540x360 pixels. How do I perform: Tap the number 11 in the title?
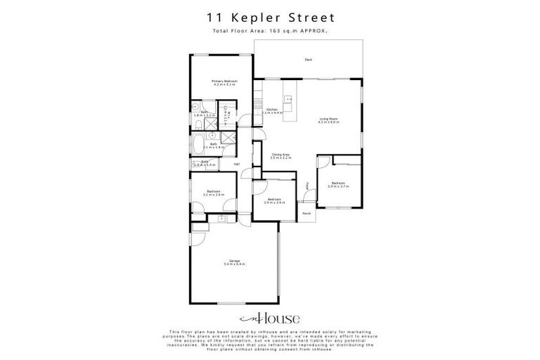(x=212, y=16)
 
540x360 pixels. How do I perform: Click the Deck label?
(x=308, y=60)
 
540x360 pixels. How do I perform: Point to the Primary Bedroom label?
(x=225, y=82)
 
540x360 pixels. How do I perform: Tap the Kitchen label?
(x=272, y=110)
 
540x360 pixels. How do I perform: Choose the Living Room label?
(x=328, y=120)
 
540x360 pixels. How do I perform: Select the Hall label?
(x=237, y=165)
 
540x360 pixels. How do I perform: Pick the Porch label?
(x=307, y=212)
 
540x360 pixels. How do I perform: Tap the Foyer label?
(x=307, y=187)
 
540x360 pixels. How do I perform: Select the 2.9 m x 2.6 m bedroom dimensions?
(x=273, y=202)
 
